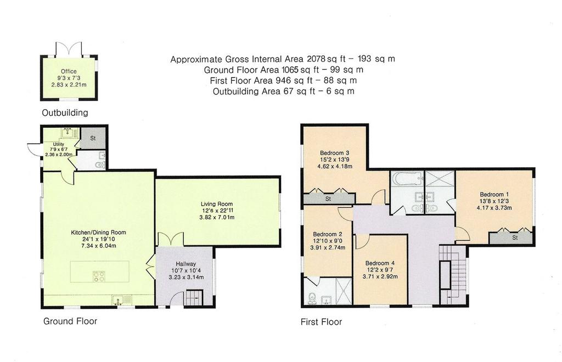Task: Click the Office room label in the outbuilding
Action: [x=69, y=71]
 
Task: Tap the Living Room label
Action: [x=216, y=204]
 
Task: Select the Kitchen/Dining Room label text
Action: [x=98, y=233]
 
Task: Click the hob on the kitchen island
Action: [x=99, y=276]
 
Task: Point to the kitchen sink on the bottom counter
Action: [x=119, y=299]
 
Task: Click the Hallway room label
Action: [x=186, y=264]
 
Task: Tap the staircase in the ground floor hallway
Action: [x=194, y=298]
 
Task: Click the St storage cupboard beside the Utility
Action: [x=93, y=138]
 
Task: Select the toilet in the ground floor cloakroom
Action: [x=100, y=165]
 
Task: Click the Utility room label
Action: [x=58, y=144]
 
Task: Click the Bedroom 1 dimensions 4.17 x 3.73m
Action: [x=494, y=208]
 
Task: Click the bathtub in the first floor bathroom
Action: [x=407, y=178]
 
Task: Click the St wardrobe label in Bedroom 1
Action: [x=515, y=237]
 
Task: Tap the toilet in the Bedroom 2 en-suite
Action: [x=311, y=298]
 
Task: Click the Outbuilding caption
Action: [x=65, y=113]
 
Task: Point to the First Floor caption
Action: [x=321, y=322]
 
